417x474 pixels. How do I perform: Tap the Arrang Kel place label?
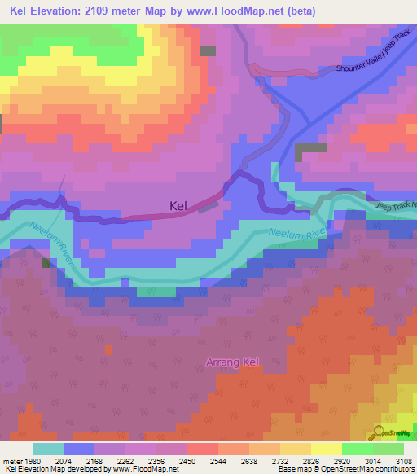click(231, 362)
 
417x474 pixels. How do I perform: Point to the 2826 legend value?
click(310, 460)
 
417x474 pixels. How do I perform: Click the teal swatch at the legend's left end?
click(47, 449)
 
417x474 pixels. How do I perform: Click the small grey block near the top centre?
click(208, 51)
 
